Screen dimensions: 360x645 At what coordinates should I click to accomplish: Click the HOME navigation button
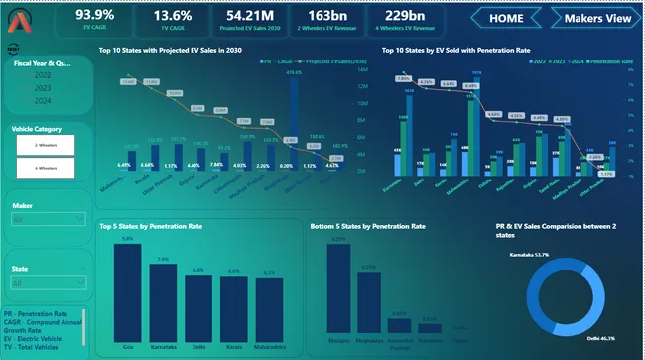pos(506,18)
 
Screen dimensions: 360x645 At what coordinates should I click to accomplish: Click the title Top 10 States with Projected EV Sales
pos(170,50)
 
